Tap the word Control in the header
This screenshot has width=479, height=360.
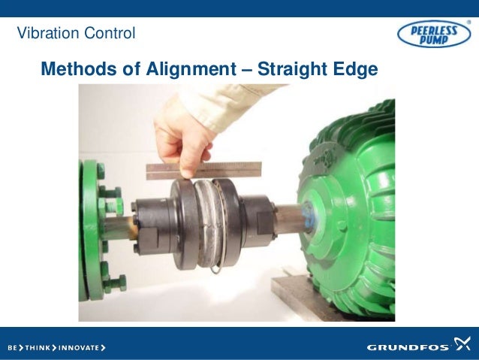point(111,33)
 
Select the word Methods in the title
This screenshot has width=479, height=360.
point(74,70)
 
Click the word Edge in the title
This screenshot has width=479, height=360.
point(357,70)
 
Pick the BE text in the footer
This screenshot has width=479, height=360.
point(14,348)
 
